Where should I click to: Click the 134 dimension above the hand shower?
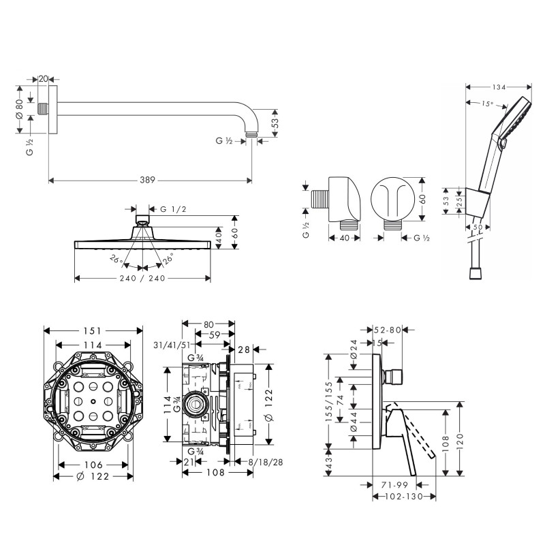[x=499, y=87]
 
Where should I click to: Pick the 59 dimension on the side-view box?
[x=213, y=334]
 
